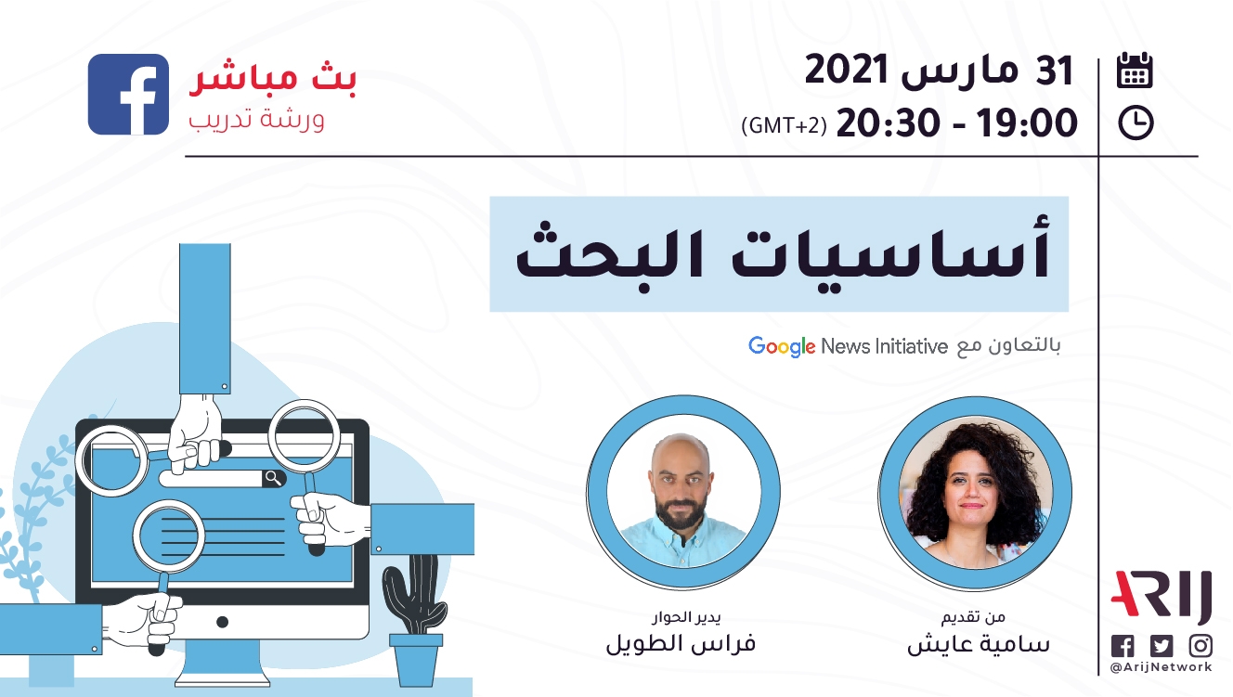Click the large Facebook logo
tap(128, 94)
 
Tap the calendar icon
tap(1135, 70)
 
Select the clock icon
tap(1136, 123)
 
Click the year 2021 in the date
tap(847, 70)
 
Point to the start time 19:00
tap(1027, 123)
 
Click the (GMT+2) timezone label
tap(784, 125)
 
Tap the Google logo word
tap(782, 346)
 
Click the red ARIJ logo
tap(1162, 597)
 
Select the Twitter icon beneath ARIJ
tap(1162, 645)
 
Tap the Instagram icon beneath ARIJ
tap(1201, 645)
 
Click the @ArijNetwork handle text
tap(1162, 667)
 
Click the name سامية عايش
tap(979, 644)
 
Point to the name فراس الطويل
tap(681, 643)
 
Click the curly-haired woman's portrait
tap(976, 493)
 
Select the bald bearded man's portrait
tap(683, 491)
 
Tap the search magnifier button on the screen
tap(274, 478)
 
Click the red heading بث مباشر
tap(273, 78)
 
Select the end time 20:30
tap(888, 123)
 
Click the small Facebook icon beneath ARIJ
tap(1123, 645)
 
